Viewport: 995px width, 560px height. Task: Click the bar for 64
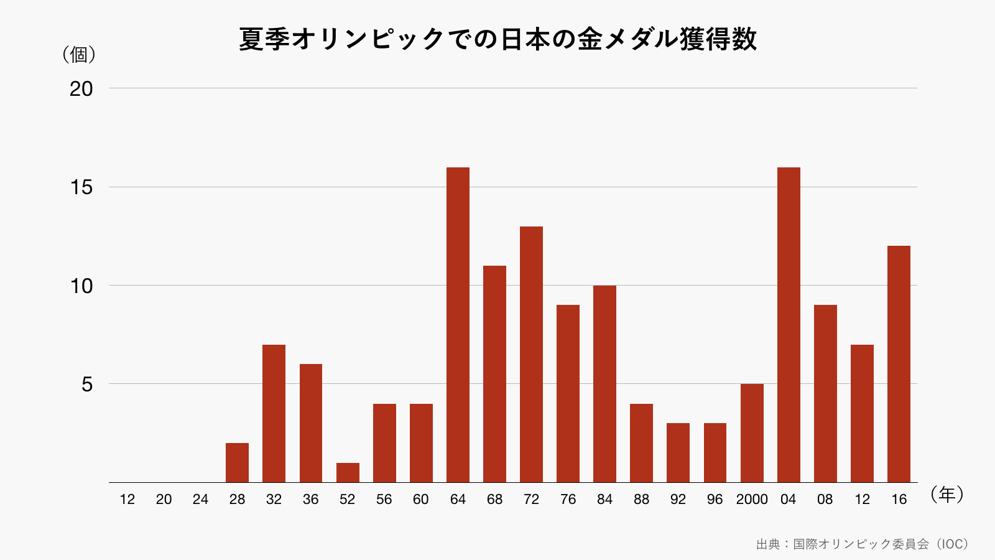pyautogui.click(x=458, y=325)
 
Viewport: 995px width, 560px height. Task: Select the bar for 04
pyautogui.click(x=789, y=325)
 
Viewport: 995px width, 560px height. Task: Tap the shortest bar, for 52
pyautogui.click(x=348, y=473)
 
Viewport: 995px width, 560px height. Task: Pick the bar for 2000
pyautogui.click(x=752, y=433)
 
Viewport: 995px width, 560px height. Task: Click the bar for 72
pyautogui.click(x=531, y=355)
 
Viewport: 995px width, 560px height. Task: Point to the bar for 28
pyautogui.click(x=237, y=463)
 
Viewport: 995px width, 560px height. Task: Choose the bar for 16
pyautogui.click(x=899, y=364)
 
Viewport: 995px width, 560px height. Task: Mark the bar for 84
pyautogui.click(x=604, y=384)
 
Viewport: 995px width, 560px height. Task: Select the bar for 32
pyautogui.click(x=274, y=414)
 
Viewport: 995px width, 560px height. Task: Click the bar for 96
pyautogui.click(x=715, y=453)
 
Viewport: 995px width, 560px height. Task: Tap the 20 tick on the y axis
pyautogui.click(x=81, y=89)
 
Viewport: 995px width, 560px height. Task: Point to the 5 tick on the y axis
pyautogui.click(x=87, y=385)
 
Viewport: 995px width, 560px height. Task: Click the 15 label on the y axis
pyautogui.click(x=81, y=187)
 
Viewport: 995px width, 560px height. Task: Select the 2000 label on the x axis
pyautogui.click(x=752, y=499)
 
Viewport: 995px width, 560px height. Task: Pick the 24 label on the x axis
pyautogui.click(x=200, y=499)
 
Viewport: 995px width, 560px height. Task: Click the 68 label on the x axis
pyautogui.click(x=494, y=499)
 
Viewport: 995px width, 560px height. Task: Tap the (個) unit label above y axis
pyautogui.click(x=79, y=55)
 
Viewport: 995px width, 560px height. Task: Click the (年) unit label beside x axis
pyautogui.click(x=946, y=495)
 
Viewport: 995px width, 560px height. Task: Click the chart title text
pyautogui.click(x=497, y=39)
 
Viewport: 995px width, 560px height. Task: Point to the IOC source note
pyautogui.click(x=862, y=544)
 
